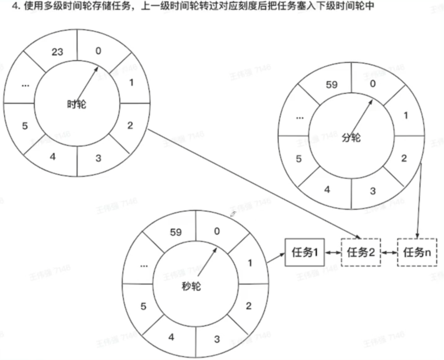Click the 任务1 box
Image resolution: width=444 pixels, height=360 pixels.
pyautogui.click(x=305, y=252)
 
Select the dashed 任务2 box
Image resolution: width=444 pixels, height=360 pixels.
pyautogui.click(x=361, y=252)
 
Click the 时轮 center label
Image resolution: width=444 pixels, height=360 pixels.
pyautogui.click(x=76, y=104)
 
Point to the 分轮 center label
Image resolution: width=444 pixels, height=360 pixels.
pyautogui.click(x=351, y=137)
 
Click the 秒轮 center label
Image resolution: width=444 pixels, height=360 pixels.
pyautogui.click(x=191, y=285)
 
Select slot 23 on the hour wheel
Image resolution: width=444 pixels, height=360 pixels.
pyautogui.click(x=57, y=52)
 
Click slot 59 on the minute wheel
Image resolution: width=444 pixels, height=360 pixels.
pyautogui.click(x=331, y=85)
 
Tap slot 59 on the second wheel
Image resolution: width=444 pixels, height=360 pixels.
pyautogui.click(x=176, y=232)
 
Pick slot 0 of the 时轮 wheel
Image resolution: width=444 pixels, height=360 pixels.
pyautogui.click(x=98, y=51)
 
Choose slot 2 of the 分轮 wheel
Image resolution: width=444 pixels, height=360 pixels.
pyautogui.click(x=404, y=158)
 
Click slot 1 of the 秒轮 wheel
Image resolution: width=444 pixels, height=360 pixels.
pyautogui.click(x=249, y=263)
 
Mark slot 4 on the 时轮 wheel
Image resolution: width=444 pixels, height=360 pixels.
pyautogui.click(x=53, y=157)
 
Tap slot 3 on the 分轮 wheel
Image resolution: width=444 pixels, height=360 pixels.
pyautogui.click(x=373, y=191)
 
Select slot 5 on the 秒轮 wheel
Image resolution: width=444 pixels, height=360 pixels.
pyautogui.click(x=144, y=306)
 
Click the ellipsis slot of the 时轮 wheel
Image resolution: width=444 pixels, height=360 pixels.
pyautogui.click(x=25, y=85)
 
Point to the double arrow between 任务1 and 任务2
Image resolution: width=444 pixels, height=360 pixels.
pyautogui.click(x=333, y=252)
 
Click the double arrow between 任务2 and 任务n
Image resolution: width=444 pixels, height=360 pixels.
pyautogui.click(x=389, y=252)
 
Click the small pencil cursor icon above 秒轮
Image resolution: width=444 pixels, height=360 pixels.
pyautogui.click(x=233, y=213)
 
